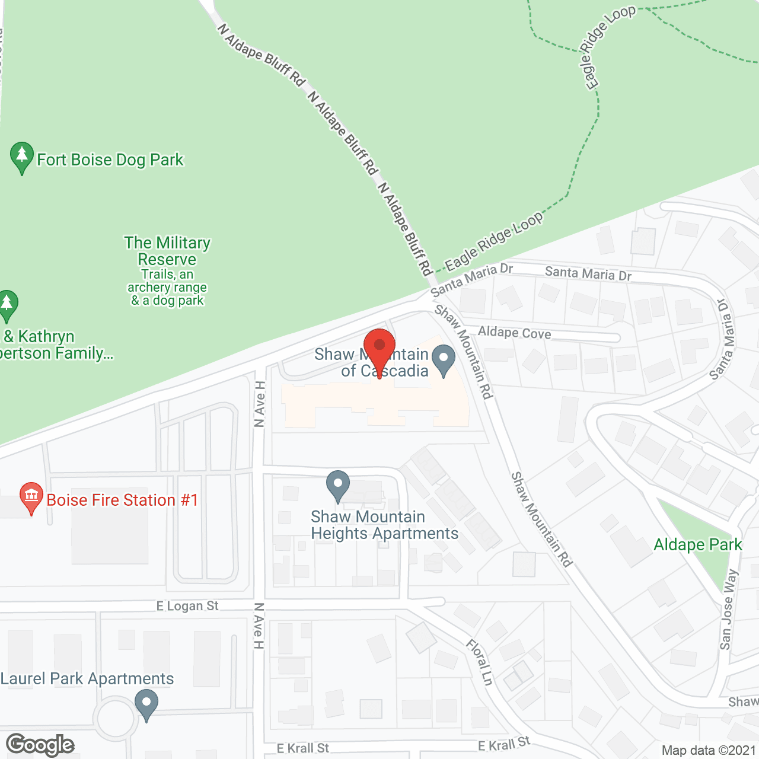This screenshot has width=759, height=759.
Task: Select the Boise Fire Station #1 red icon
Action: pos(31,498)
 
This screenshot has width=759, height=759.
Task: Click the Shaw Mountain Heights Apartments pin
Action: pos(338,486)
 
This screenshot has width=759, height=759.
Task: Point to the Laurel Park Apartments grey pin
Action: pos(146,704)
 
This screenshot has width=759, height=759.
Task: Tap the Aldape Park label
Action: pos(697,545)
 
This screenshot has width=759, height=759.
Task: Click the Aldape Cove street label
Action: pos(515,333)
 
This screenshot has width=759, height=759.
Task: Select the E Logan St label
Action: pos(187,606)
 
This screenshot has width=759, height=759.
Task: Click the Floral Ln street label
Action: pos(480,662)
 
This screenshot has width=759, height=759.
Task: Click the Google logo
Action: pos(40,745)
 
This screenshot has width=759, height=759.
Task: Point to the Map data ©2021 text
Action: pos(709,750)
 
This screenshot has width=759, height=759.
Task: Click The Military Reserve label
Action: pos(167,251)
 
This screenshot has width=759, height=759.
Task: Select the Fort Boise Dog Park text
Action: pos(110,160)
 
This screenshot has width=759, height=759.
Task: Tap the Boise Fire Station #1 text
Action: pos(122,500)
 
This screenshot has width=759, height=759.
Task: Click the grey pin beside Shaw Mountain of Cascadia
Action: pos(443,361)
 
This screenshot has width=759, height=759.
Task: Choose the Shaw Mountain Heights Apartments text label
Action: pos(384,525)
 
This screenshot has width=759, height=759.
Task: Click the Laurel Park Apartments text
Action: pos(87,679)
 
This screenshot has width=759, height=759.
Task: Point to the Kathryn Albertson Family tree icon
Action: pos(7,304)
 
